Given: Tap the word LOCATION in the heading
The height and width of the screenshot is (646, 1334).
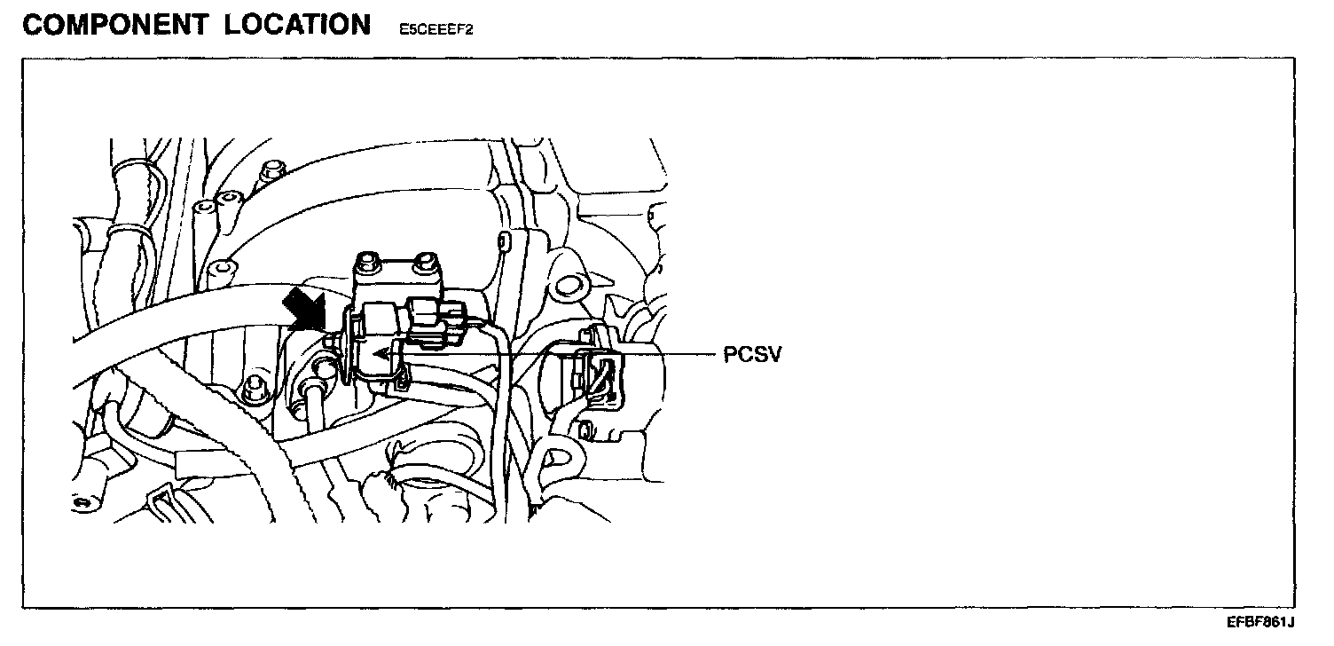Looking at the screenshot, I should pos(297,26).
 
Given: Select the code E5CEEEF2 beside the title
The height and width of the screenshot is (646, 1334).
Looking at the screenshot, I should pos(436,29).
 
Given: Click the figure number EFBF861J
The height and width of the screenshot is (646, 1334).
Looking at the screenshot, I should pos(1260,623).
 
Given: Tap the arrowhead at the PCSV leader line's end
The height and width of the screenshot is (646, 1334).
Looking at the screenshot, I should pos(381,353).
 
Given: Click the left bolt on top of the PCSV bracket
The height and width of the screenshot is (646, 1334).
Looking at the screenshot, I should pos(366,263).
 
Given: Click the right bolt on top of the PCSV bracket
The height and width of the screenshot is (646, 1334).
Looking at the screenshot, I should pos(427,261).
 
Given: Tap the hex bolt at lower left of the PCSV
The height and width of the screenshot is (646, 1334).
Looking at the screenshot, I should pos(256,385).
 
